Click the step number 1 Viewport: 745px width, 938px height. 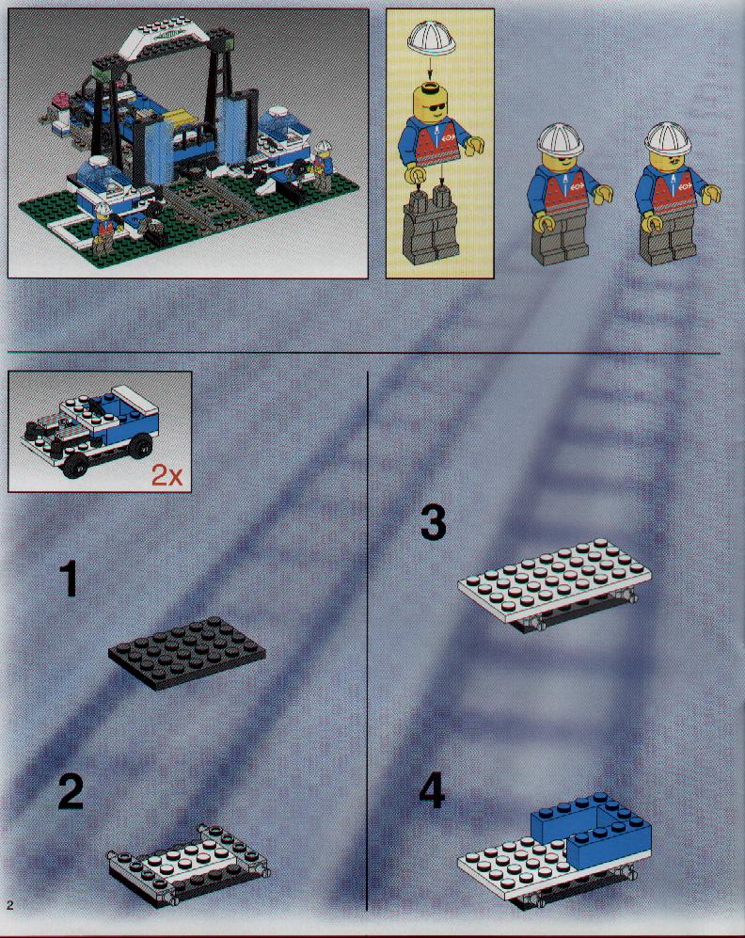click(x=70, y=579)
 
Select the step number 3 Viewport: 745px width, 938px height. click(x=434, y=522)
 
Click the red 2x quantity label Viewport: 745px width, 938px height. click(x=166, y=475)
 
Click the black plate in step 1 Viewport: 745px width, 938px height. click(x=186, y=653)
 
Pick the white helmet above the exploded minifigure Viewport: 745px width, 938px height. click(x=431, y=42)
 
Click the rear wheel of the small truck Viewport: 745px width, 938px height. click(x=141, y=446)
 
